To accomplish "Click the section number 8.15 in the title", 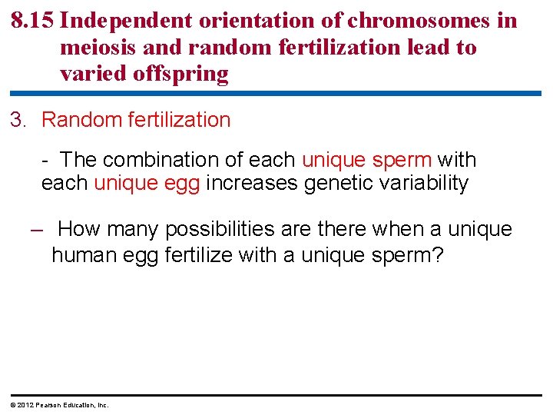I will pyautogui.click(x=32, y=20).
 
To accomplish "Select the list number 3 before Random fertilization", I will pyautogui.click(x=18, y=120).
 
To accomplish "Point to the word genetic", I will pyautogui.click(x=340, y=183).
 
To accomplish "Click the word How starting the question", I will pyautogui.click(x=79, y=229).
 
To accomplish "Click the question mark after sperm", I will pyautogui.click(x=439, y=254).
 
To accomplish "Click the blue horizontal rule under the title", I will pyautogui.click(x=276, y=94).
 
